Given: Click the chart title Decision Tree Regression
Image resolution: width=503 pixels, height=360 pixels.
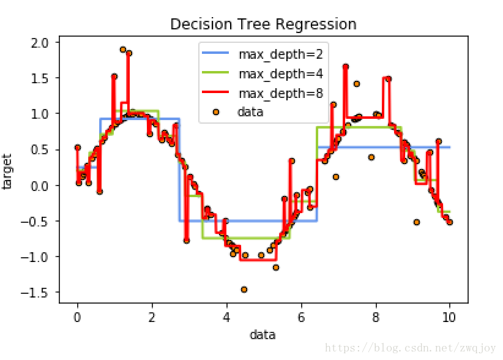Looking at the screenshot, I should [263, 24].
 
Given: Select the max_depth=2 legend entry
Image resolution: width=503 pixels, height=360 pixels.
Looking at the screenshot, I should [280, 54].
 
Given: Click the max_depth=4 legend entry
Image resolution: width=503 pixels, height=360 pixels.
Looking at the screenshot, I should [280, 74].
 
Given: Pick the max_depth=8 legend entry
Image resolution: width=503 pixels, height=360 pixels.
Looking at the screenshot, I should [280, 93].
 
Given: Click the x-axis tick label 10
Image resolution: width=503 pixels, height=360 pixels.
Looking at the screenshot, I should [450, 318].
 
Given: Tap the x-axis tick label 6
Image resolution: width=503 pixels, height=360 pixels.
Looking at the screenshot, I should [301, 318].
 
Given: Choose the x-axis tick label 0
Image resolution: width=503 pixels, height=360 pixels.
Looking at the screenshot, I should [78, 318].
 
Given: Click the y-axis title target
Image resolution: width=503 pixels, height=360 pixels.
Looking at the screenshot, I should [9, 172].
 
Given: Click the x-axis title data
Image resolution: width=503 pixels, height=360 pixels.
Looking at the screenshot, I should [263, 335].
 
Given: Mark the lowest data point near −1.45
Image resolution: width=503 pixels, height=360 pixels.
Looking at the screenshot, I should [244, 289].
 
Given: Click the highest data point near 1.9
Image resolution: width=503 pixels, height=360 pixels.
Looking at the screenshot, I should [123, 50].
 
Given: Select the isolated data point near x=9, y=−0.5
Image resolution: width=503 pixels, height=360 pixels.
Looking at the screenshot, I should [417, 222].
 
